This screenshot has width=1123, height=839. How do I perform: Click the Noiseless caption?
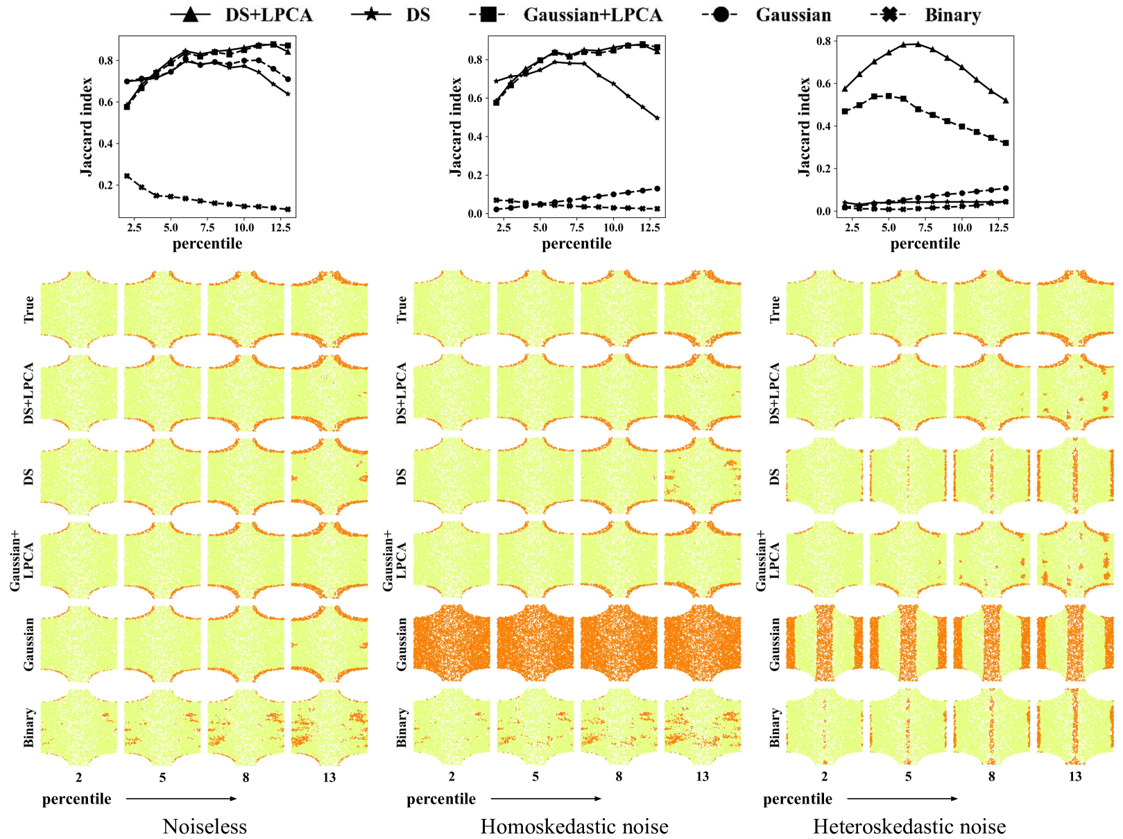click(x=205, y=827)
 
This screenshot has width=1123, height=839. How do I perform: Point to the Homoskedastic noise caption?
click(x=574, y=827)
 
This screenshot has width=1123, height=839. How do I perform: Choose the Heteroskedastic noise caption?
click(x=909, y=827)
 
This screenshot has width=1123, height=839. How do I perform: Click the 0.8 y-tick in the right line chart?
click(x=823, y=41)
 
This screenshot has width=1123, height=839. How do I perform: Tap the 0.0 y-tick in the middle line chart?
click(x=474, y=214)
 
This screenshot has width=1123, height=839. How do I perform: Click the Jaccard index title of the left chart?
click(x=86, y=126)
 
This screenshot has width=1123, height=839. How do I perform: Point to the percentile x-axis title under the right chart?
click(x=925, y=244)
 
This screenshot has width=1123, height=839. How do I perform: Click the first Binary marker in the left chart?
click(x=127, y=176)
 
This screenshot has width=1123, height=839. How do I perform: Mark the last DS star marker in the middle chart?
click(x=657, y=118)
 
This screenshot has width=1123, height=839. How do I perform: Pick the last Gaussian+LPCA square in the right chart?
click(x=1006, y=143)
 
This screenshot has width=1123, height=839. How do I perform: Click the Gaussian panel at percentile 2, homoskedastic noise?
click(x=452, y=642)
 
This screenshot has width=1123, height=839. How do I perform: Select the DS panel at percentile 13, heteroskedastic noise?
click(x=1075, y=477)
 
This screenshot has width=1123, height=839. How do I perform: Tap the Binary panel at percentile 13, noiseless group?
click(x=329, y=727)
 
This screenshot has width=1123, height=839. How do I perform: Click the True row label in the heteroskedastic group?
click(x=775, y=309)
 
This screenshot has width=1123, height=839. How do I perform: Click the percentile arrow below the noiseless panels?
click(x=182, y=799)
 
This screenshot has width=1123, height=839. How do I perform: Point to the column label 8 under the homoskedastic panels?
click(x=619, y=777)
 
